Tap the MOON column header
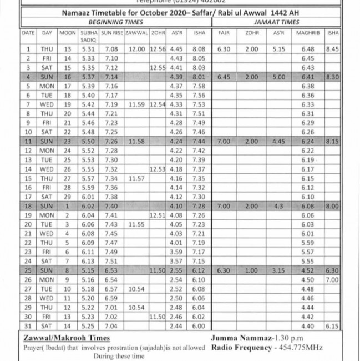68,33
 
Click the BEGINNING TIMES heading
115,22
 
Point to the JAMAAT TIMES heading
276,22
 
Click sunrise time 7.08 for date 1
111,49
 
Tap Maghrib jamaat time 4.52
307,271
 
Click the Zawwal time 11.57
136,178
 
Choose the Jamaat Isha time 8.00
332,206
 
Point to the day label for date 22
47,243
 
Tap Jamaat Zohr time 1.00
252,271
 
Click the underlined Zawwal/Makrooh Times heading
66,338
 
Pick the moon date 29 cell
68,197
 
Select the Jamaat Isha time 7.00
332,280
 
